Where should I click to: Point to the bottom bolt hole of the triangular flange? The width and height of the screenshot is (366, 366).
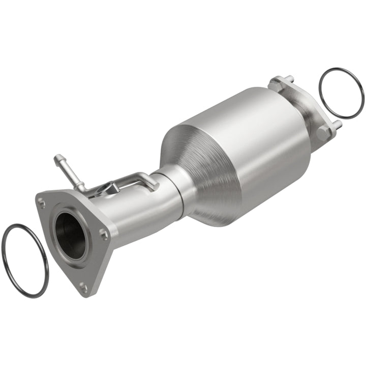coord(83,287)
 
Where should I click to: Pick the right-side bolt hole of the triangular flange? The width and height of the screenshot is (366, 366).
coord(103,234)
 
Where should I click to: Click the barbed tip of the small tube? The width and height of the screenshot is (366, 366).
coord(57,159)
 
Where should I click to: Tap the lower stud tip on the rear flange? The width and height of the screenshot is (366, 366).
coord(338,124)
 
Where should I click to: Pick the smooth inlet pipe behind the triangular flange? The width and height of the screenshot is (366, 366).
coord(142,213)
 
